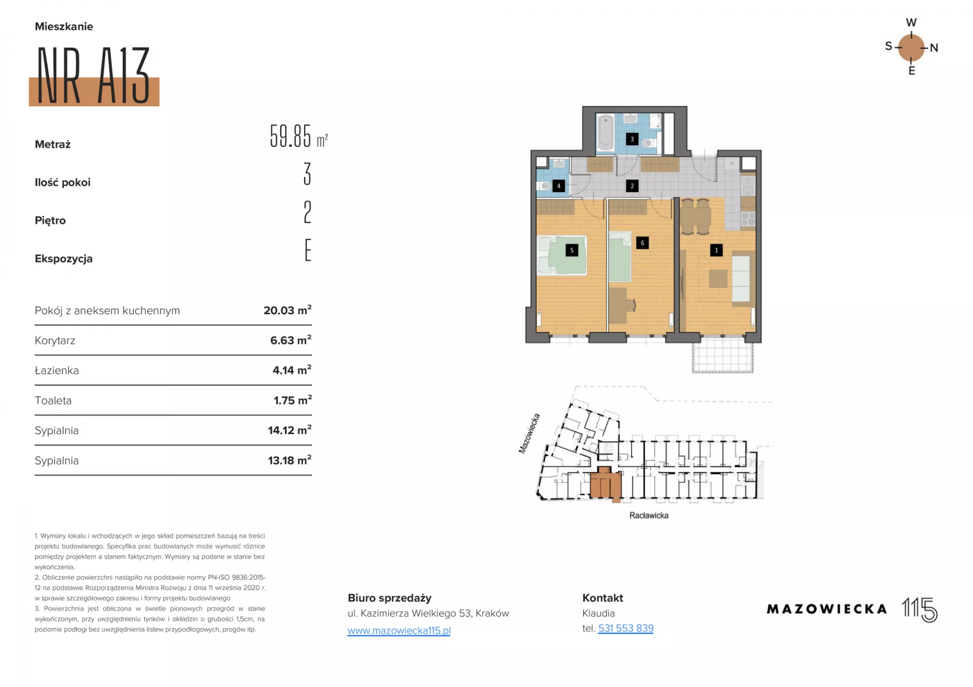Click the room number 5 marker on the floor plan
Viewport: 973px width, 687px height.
point(572,250)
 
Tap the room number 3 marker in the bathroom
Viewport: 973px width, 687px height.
point(632,139)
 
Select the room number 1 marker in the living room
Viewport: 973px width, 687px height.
point(716,250)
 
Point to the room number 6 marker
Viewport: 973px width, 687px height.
point(642,243)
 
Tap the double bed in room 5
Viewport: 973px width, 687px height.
point(562,255)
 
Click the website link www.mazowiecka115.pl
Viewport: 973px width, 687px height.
point(399,630)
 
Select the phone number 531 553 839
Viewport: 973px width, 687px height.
point(626,628)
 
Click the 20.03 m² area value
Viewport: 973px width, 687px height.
point(287,310)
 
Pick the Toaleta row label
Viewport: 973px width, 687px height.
point(53,401)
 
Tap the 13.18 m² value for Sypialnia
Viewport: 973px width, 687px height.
point(289,460)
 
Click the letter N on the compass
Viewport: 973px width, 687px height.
point(934,48)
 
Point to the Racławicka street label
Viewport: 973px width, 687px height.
point(649,515)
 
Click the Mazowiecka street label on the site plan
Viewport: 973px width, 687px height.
point(529,433)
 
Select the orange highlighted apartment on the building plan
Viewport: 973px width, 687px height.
point(606,484)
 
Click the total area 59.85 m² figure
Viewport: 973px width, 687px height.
point(298,136)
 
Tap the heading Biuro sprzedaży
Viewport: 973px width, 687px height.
point(389,598)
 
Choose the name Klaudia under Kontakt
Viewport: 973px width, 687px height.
point(598,613)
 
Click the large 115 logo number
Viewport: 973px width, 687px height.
point(920,609)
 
